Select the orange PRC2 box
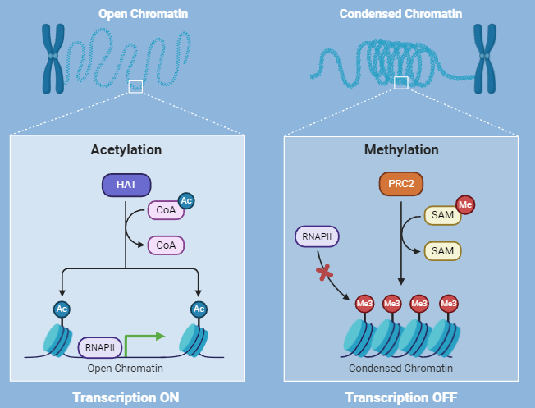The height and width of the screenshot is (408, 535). [x=400, y=185]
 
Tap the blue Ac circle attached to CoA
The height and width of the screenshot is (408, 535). [x=185, y=201]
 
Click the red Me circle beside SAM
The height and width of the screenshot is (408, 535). [x=464, y=204]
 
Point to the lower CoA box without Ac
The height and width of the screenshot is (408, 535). [x=166, y=245]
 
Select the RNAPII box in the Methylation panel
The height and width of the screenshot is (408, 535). [x=318, y=238]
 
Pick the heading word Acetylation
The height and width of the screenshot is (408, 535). [x=126, y=150]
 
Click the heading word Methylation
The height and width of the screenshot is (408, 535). [x=401, y=150]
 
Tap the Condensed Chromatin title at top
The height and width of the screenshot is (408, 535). [x=400, y=14]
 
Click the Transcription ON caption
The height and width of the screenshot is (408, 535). [x=126, y=397]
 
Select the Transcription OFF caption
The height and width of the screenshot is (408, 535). [x=401, y=397]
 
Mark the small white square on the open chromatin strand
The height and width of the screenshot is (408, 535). [x=135, y=86]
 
